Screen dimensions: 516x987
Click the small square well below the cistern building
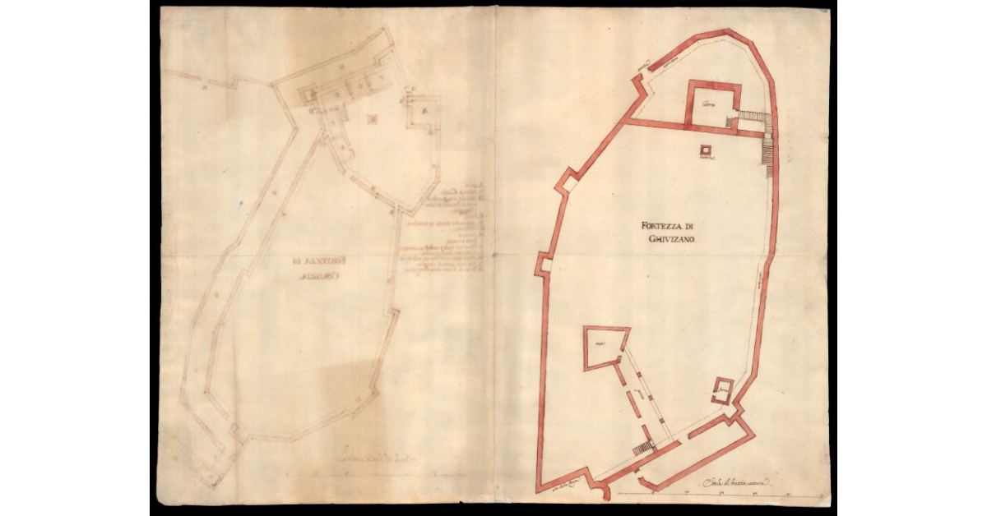(x=706, y=150)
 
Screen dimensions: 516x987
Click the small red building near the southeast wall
(x=722, y=389)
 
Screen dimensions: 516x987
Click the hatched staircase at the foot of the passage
(x=643, y=448)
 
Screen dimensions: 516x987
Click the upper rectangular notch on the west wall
(x=564, y=184)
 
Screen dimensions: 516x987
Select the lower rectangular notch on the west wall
(x=544, y=265)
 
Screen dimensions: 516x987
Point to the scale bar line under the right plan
(x=707, y=493)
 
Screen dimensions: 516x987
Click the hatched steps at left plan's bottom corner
(x=174, y=448)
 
